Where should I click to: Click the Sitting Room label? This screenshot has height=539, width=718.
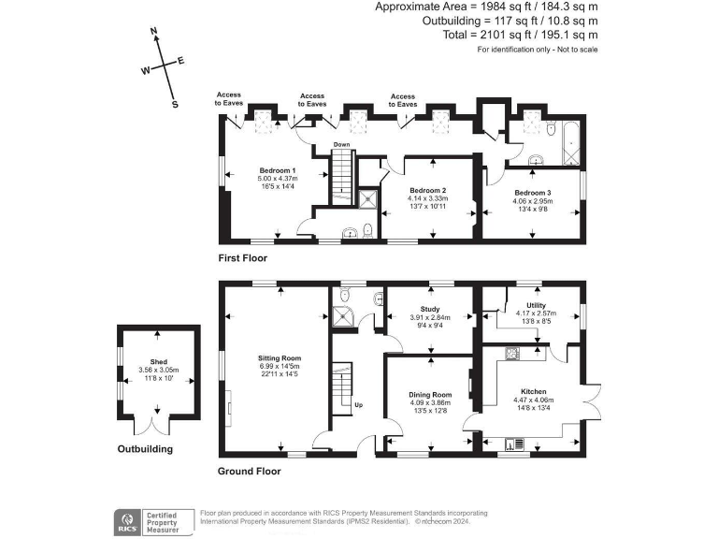pyautogui.click(x=280, y=357)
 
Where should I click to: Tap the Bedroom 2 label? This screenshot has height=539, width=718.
pyautogui.click(x=427, y=190)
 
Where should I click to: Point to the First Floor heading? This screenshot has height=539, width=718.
pyautogui.click(x=242, y=257)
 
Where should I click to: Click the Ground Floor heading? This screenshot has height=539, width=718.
pyautogui.click(x=249, y=471)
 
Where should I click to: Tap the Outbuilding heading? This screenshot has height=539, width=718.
pyautogui.click(x=145, y=449)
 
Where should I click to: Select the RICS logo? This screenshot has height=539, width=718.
pyautogui.click(x=125, y=519)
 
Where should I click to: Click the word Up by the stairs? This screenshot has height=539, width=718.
pyautogui.click(x=357, y=405)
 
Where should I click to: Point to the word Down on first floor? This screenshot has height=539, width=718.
pyautogui.click(x=342, y=145)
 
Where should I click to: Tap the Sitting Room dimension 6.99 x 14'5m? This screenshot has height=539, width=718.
pyautogui.click(x=280, y=366)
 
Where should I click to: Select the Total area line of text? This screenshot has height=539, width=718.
pyautogui.click(x=521, y=35)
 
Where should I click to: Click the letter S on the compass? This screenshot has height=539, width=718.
pyautogui.click(x=174, y=105)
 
